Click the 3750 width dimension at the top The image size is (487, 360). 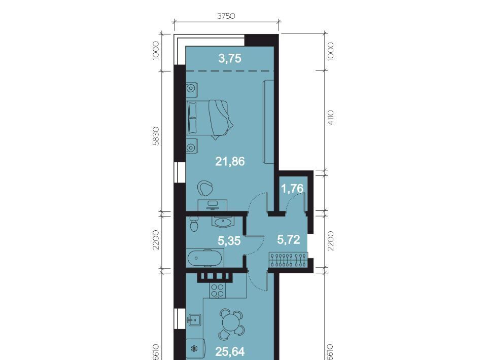226,16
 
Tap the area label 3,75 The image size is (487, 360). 230,58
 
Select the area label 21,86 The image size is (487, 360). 230,161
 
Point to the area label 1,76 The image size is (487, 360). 292,188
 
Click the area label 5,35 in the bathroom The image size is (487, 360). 229,241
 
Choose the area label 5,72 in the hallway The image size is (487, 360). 289,240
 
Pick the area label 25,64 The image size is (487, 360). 230,351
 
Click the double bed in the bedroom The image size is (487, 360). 210,119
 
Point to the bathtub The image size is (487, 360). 205,258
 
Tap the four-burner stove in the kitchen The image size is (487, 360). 218,290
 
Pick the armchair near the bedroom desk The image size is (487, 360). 205,188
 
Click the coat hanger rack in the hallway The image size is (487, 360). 288,260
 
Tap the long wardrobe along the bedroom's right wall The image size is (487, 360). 268,122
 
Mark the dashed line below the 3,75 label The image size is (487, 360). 230,71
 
